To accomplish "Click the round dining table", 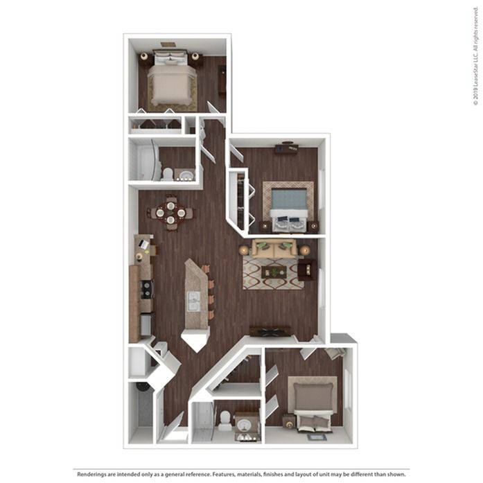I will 170,213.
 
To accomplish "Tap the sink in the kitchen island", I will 195,301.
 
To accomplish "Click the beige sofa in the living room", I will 274,248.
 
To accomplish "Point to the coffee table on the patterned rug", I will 274,272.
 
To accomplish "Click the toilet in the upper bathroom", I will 168,173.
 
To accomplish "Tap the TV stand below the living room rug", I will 270,331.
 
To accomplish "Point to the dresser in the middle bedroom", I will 286,148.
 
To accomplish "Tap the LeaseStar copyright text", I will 476,62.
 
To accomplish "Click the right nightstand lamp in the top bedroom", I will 196,56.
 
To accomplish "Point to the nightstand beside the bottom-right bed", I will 287,420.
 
